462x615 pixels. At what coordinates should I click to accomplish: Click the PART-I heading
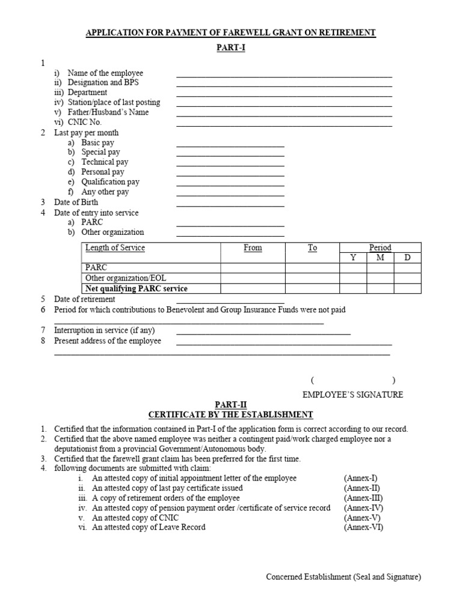coord(231,49)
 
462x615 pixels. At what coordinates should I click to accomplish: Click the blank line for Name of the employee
coord(284,76)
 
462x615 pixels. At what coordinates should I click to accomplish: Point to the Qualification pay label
coord(110,181)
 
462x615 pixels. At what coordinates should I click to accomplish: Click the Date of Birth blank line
coord(230,204)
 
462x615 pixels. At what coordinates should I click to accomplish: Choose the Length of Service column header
coord(115,247)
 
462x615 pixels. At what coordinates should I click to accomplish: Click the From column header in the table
coord(253,247)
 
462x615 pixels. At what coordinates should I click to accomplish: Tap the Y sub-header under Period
coord(353,258)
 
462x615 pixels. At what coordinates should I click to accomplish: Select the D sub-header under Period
coord(407,258)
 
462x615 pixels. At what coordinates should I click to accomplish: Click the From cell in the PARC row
coord(253,268)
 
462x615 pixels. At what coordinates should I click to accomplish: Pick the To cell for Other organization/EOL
coord(312,278)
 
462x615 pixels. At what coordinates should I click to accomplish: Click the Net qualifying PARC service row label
coord(137,288)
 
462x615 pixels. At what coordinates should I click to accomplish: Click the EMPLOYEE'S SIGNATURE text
coord(353,395)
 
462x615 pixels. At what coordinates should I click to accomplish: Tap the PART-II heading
coord(231,405)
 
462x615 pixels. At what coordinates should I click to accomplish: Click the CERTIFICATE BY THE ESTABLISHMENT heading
coord(231,415)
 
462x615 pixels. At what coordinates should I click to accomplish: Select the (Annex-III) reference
coord(363,498)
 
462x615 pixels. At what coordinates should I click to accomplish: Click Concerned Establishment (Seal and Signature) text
coord(343,577)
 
